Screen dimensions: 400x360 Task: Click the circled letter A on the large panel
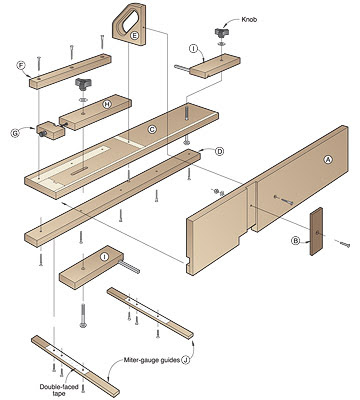point(327,160)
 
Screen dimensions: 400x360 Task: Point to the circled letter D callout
point(220,151)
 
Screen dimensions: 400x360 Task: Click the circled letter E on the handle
point(134,35)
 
